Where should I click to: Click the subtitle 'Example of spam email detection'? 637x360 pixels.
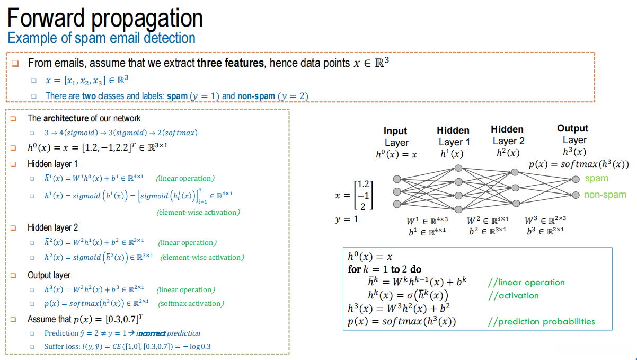click(102, 38)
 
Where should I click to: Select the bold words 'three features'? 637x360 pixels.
click(231, 63)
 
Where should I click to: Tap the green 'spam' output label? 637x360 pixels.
click(597, 179)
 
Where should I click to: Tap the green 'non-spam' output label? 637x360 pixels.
click(605, 195)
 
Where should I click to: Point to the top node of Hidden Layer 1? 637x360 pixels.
click(458, 168)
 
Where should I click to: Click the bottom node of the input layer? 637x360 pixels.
click(397, 204)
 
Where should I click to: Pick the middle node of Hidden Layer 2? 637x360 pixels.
click(515, 188)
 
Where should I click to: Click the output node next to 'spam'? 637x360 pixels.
click(576, 179)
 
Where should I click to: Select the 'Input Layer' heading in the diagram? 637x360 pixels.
click(396, 137)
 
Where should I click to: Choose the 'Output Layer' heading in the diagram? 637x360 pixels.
click(573, 134)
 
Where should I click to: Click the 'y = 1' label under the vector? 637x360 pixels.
click(347, 219)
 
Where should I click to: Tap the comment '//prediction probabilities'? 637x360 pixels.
click(541, 322)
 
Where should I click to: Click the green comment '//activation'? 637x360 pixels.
click(514, 296)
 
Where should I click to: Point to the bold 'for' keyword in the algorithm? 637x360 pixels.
click(355, 269)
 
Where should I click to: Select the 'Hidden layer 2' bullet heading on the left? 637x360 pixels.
click(52, 227)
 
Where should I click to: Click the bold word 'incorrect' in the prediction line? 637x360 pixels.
click(151, 333)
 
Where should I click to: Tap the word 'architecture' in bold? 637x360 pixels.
click(66, 118)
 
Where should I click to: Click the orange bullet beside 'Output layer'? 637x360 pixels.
click(13, 276)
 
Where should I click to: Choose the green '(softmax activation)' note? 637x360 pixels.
click(191, 304)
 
